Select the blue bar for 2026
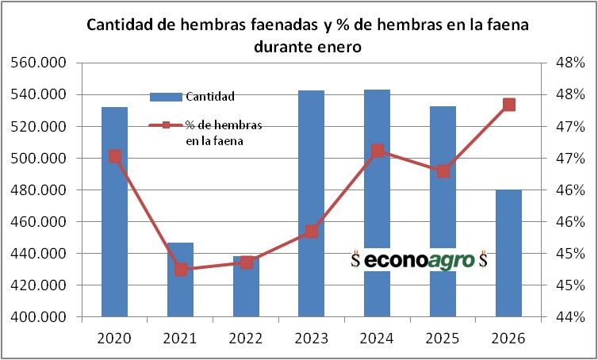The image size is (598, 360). tap(508, 254)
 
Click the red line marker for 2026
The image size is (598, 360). tap(509, 105)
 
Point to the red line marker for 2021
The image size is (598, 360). tap(181, 270)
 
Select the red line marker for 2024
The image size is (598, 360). tap(378, 151)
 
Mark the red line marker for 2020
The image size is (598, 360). tap(115, 156)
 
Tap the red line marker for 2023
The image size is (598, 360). tap(312, 232)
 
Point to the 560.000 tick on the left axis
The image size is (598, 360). tap(37, 63)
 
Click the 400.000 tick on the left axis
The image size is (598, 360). tap(37, 317)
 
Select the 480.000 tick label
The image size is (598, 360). tap(37, 190)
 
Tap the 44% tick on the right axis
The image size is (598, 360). tap(570, 317)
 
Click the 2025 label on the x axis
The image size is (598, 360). tap(443, 339)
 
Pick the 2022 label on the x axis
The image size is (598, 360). tap(246, 339)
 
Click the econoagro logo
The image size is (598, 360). tap(420, 259)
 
